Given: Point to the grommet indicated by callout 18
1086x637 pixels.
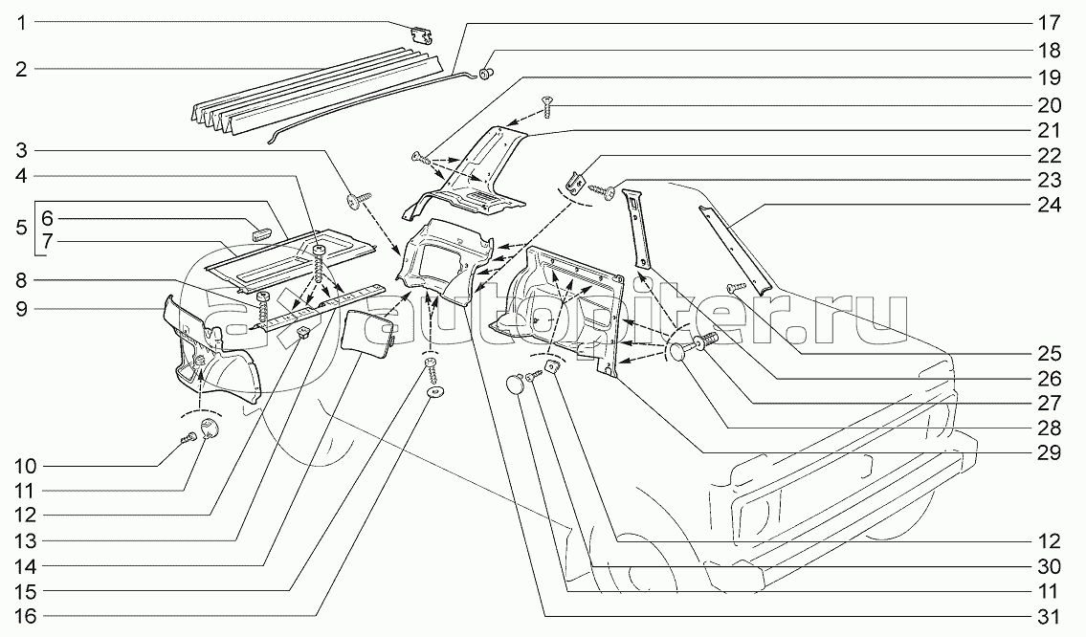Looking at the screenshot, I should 487,71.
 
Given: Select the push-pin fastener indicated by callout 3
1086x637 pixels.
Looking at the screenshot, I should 360,200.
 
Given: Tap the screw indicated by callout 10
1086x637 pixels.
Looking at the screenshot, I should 189,437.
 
